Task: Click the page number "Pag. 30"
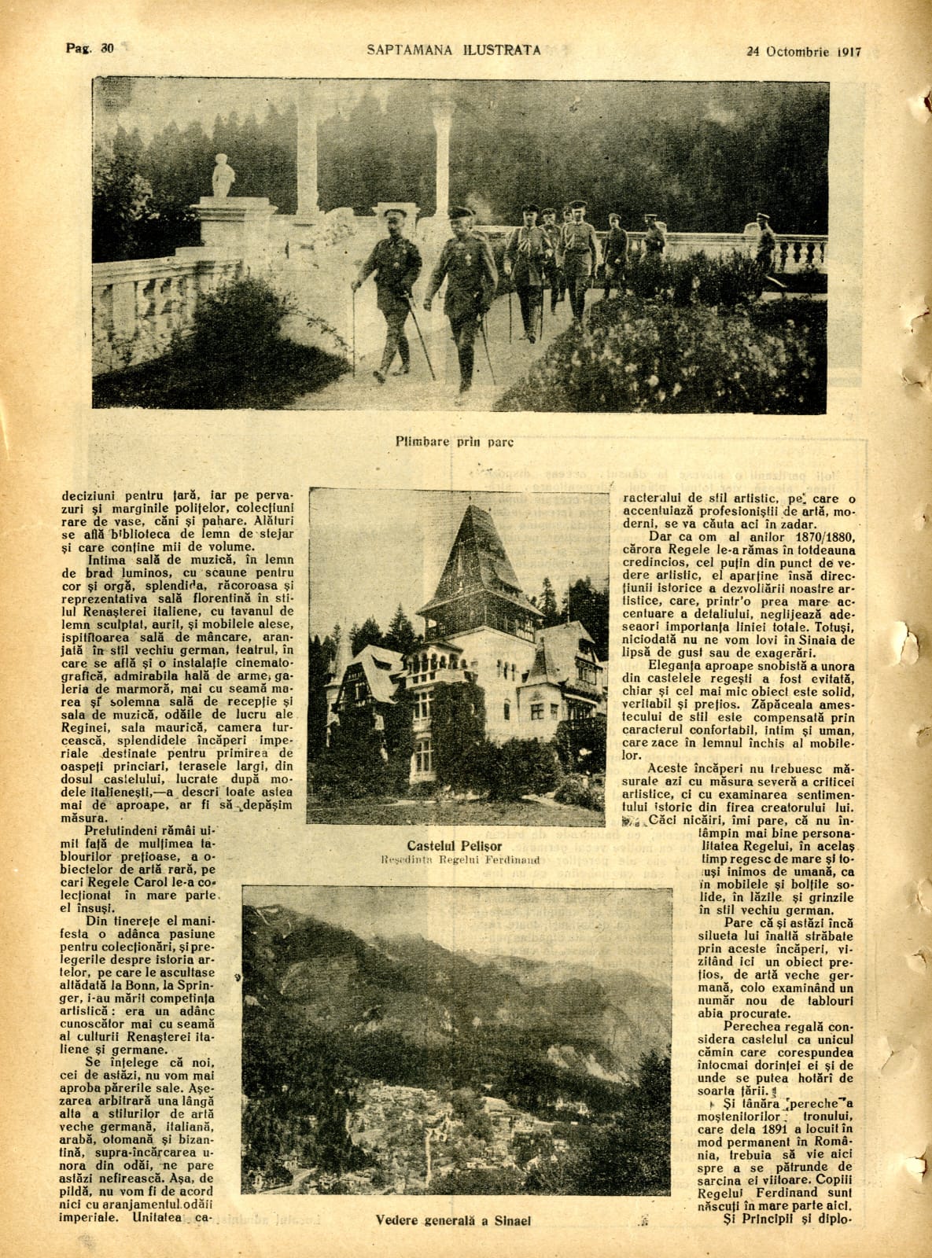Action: coord(89,48)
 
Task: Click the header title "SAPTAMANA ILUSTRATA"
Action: coord(454,50)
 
